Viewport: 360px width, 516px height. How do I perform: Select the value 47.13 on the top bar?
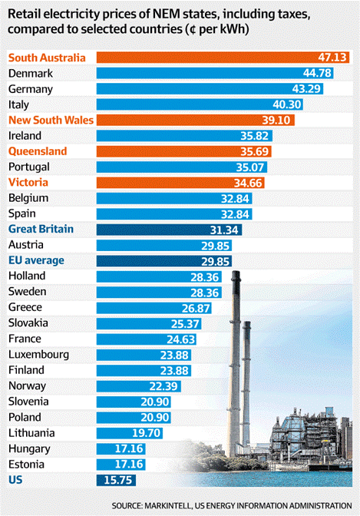(332, 58)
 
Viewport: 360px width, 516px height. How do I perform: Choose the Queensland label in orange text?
(38, 151)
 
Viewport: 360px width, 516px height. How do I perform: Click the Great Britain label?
(41, 229)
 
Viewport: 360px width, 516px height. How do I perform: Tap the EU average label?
(36, 260)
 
